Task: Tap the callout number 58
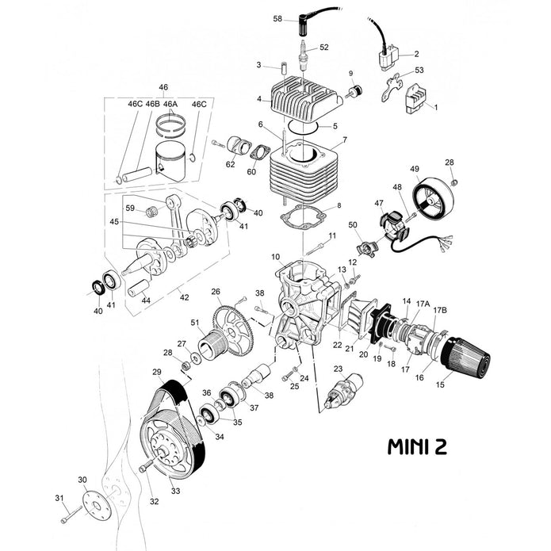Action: coord(277,17)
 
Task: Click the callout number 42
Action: coord(185,297)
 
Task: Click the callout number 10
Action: coord(276,258)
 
